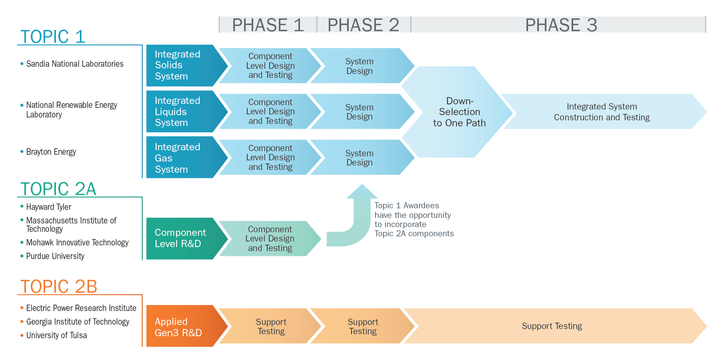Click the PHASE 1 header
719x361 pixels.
pos(268,25)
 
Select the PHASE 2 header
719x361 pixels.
pos(363,25)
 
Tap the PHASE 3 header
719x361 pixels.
pos(561,25)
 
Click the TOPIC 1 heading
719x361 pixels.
pos(53,36)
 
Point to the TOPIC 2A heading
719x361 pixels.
pos(58,189)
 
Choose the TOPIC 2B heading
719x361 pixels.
pos(59,286)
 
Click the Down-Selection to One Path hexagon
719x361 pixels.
pos(457,112)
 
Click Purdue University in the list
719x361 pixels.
pos(52,256)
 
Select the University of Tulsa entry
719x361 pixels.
pos(54,335)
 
